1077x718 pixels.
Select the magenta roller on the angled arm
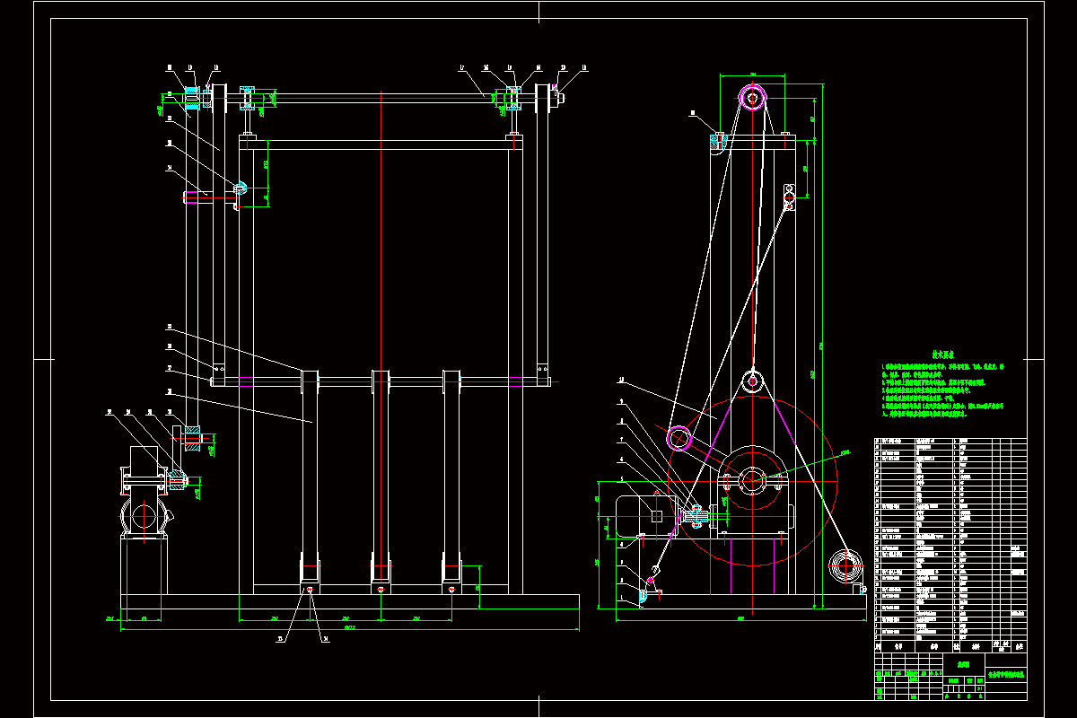680,438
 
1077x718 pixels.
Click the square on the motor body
657,515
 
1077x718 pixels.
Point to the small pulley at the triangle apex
752,381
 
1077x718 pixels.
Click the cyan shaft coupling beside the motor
695,515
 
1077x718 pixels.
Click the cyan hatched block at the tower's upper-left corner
718,140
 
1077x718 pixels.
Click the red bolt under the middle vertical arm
381,590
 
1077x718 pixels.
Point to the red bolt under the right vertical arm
451,590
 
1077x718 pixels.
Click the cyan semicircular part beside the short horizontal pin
240,188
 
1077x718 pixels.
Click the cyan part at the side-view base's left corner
644,593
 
